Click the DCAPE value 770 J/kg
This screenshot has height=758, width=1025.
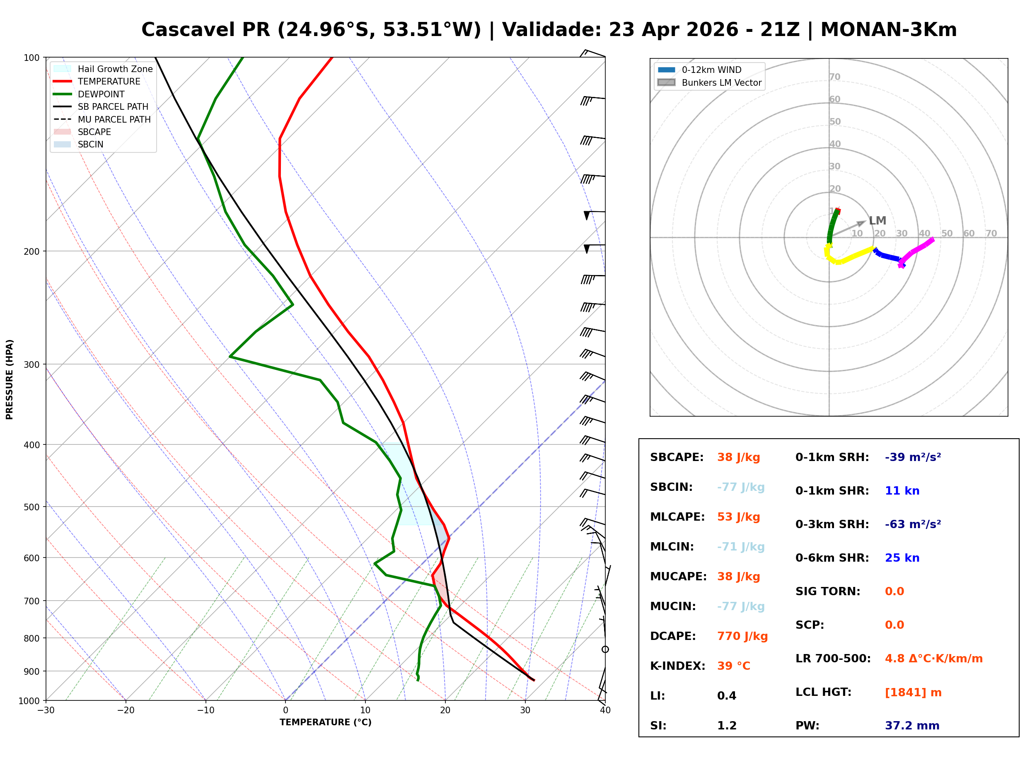tap(742, 636)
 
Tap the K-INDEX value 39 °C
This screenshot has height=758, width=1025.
tap(733, 666)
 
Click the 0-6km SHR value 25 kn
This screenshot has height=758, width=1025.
tap(902, 558)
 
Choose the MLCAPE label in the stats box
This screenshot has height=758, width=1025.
tap(677, 517)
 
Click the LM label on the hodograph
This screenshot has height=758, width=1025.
tap(877, 221)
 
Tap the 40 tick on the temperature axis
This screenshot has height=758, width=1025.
tap(605, 710)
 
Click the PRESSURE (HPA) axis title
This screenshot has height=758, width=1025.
tap(10, 379)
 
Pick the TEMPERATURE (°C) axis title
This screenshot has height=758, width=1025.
tap(325, 722)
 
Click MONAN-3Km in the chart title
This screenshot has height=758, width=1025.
tap(888, 30)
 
